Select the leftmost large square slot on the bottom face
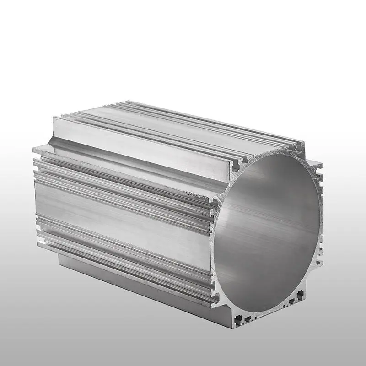click(237, 316)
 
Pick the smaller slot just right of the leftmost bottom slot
click(248, 318)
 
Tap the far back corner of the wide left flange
click(34, 149)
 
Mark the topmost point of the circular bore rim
click(279, 154)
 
